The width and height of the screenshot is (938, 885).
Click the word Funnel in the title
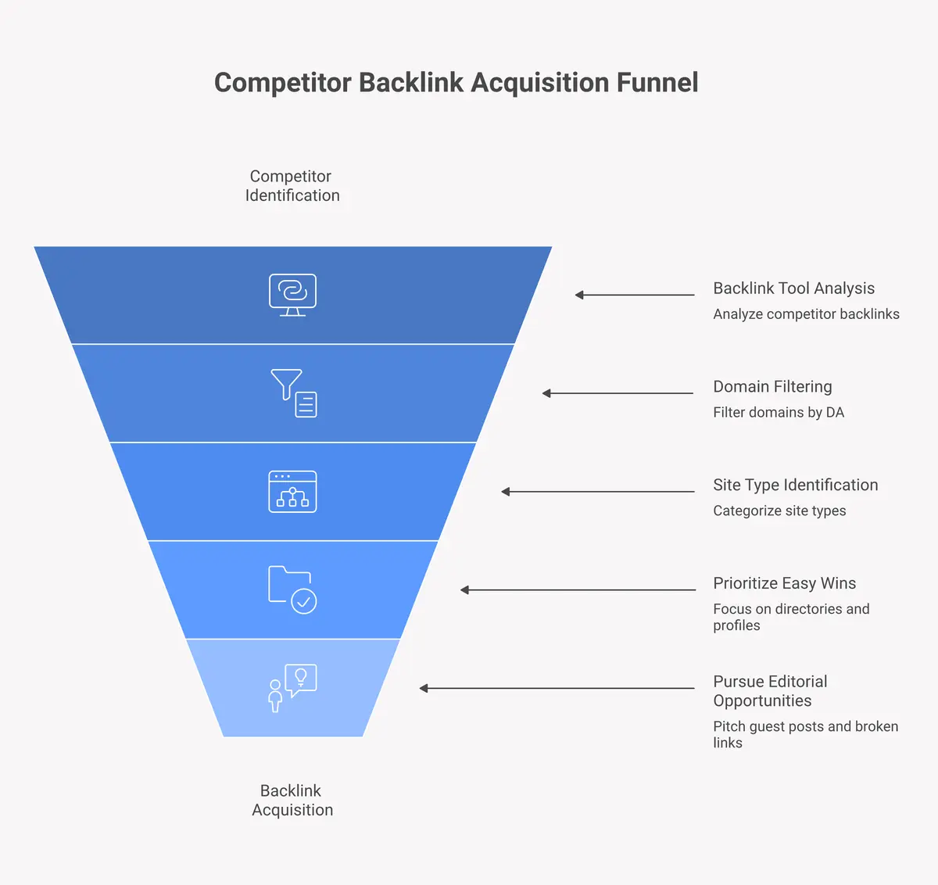[x=657, y=83]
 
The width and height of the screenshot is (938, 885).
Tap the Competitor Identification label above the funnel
[x=292, y=186]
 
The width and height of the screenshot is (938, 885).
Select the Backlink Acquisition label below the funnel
[x=292, y=801]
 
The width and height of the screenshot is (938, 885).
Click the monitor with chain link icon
[x=292, y=295]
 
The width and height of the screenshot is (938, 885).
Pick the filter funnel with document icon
[x=294, y=393]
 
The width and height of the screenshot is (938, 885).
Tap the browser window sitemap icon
[x=292, y=492]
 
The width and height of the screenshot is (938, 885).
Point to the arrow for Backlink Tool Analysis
[x=635, y=295]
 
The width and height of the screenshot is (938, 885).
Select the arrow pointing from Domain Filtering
[x=618, y=393]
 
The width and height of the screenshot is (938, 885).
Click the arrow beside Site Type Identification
[x=598, y=492]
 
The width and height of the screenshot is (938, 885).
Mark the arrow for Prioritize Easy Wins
[x=578, y=589]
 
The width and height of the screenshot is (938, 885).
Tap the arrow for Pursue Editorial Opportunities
[x=557, y=688]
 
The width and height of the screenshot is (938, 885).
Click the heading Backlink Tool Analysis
[x=793, y=288]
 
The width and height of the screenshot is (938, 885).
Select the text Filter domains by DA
[x=779, y=412]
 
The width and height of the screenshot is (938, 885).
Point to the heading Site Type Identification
[x=795, y=485]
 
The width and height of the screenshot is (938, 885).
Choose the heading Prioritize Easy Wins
[x=784, y=583]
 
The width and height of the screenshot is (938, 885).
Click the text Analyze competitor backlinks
[x=806, y=314]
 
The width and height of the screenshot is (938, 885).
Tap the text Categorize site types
[x=779, y=511]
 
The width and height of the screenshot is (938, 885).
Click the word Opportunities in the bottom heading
[x=762, y=701]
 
